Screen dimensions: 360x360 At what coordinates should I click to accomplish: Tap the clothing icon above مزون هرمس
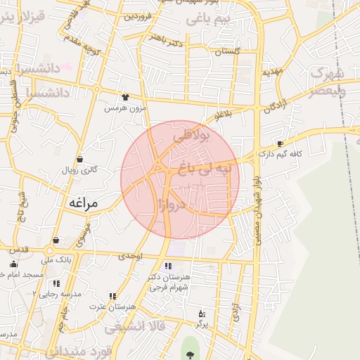point(124,98)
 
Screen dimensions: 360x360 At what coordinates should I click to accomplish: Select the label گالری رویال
point(79,169)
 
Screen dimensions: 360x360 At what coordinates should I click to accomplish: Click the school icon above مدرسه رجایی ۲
point(56,283)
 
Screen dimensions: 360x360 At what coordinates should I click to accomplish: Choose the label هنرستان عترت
point(112,307)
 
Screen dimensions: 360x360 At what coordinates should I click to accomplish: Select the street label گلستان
point(228,51)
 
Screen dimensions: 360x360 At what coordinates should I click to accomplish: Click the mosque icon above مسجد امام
point(5,263)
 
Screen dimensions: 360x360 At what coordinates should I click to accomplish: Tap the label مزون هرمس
point(124,108)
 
